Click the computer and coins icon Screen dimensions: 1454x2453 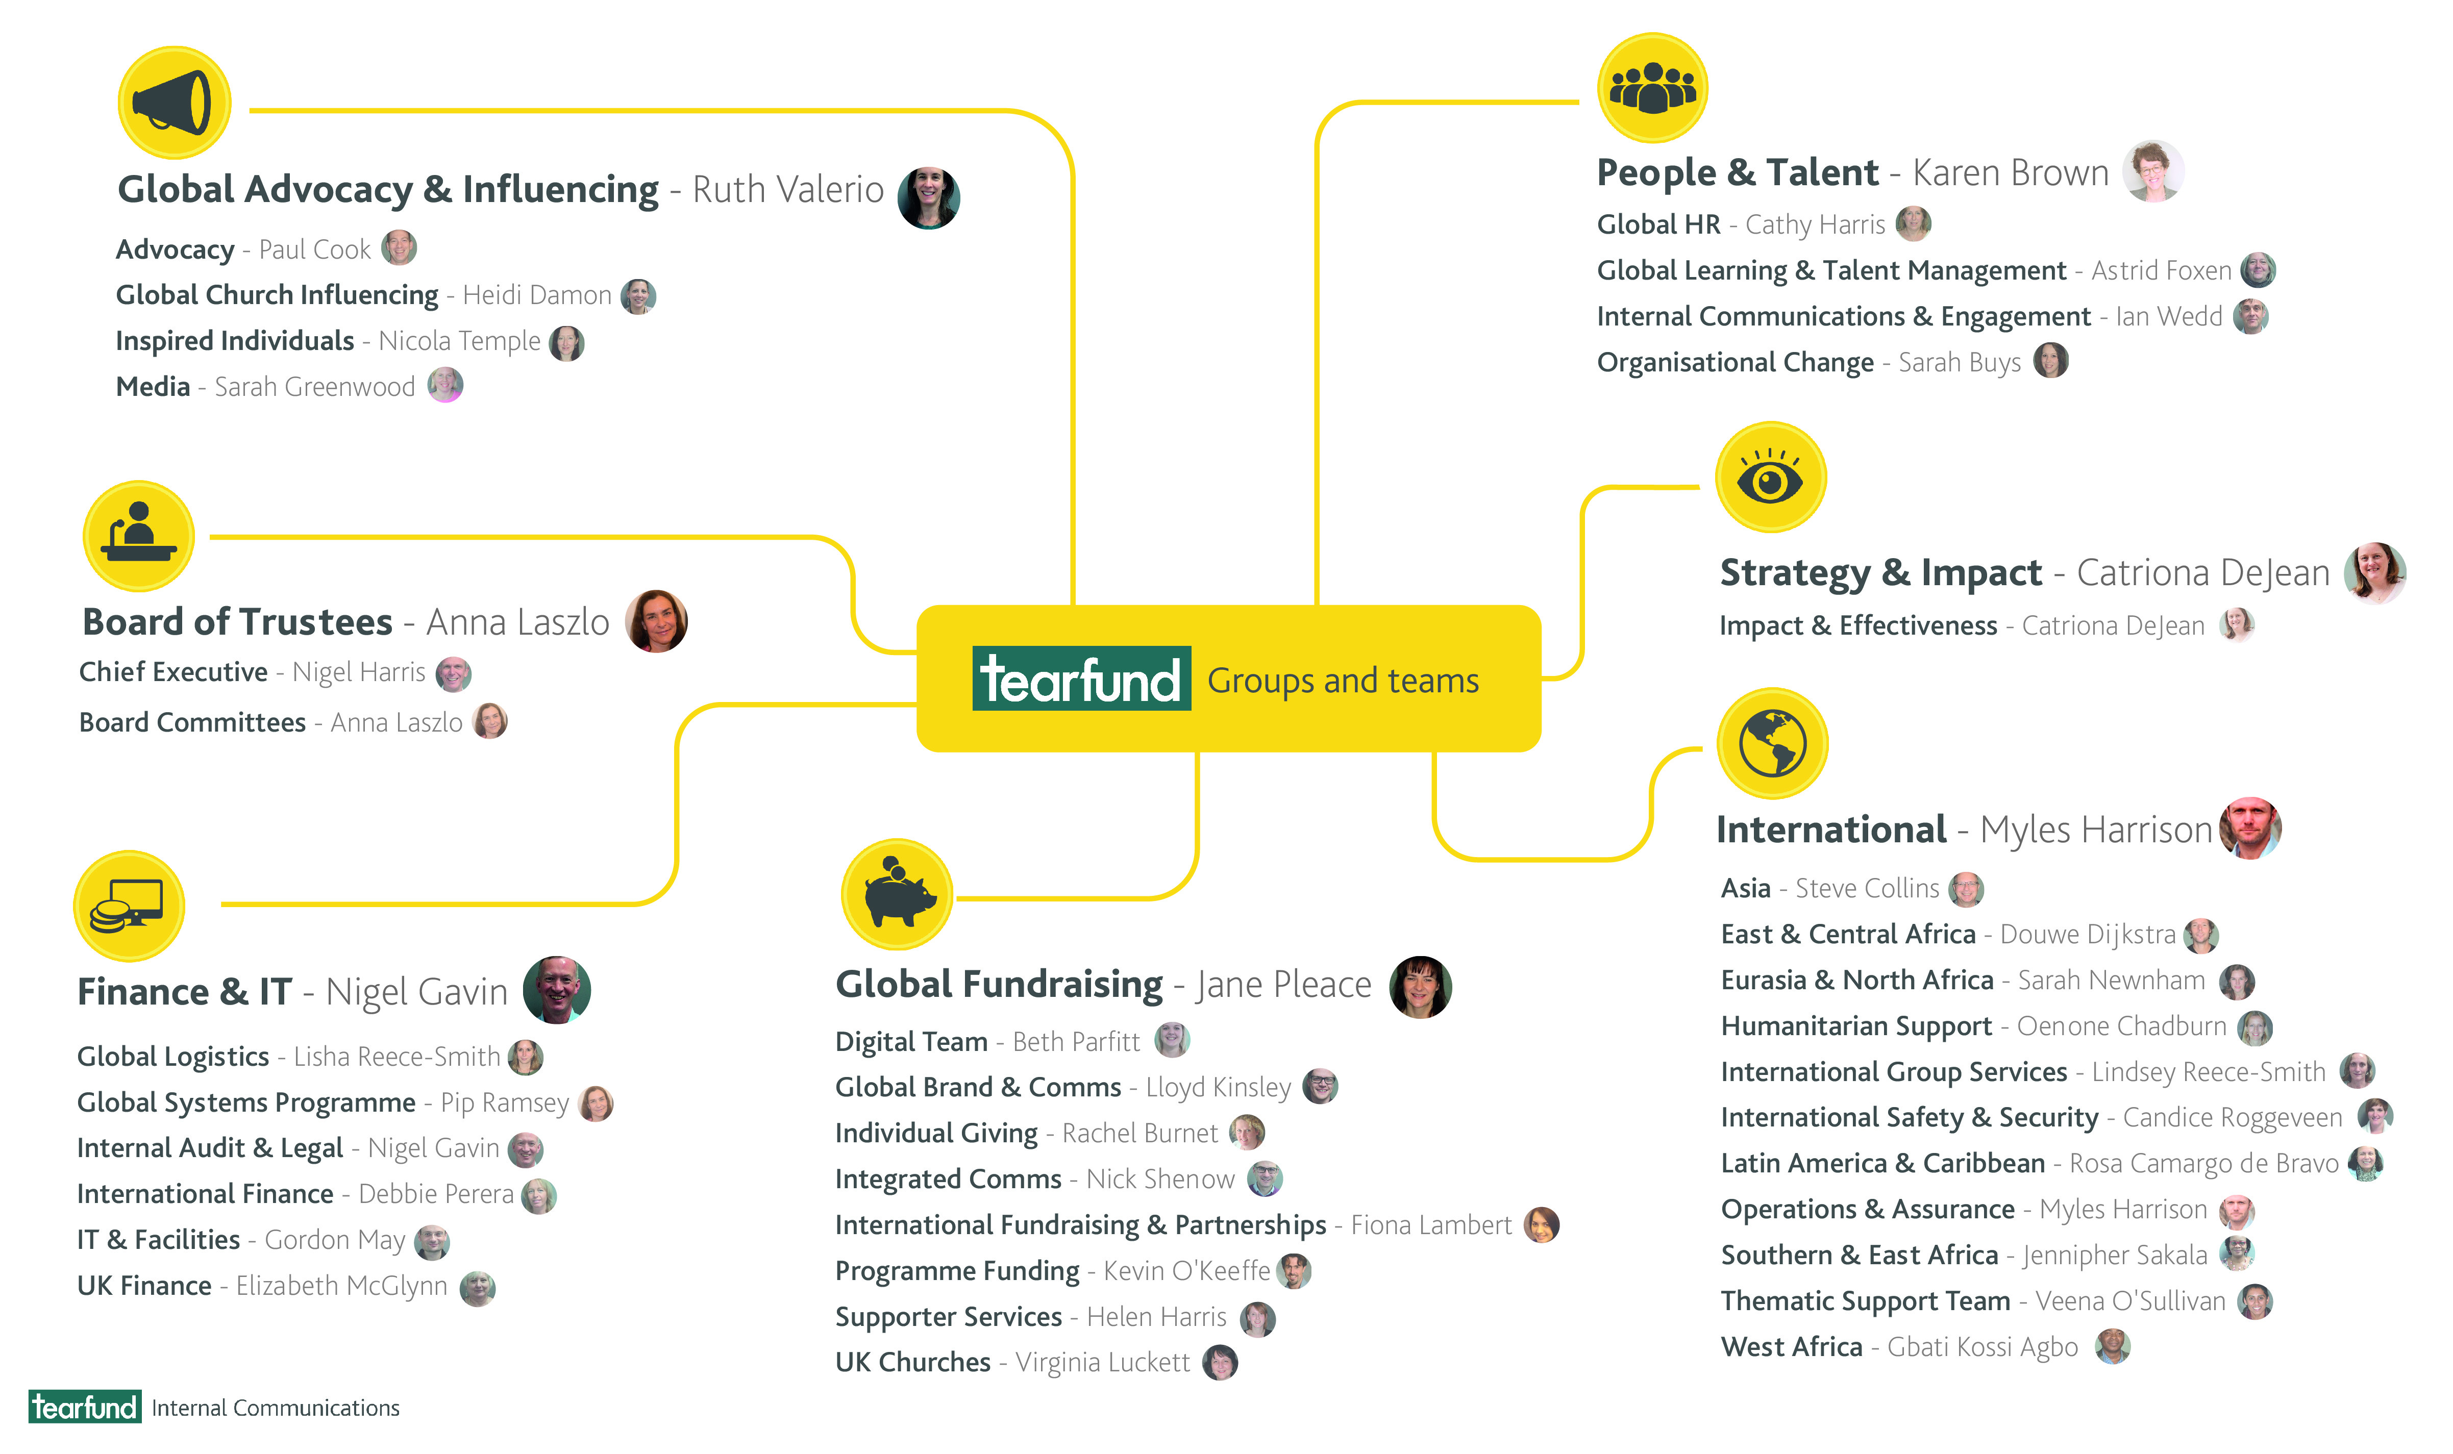pos(129,906)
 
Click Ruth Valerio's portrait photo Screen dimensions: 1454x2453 pos(928,198)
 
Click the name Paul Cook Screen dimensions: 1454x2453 pos(314,250)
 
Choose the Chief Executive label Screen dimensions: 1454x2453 pos(174,672)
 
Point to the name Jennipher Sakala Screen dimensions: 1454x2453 pos(2114,1255)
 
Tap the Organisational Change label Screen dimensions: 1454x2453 pos(1735,363)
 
